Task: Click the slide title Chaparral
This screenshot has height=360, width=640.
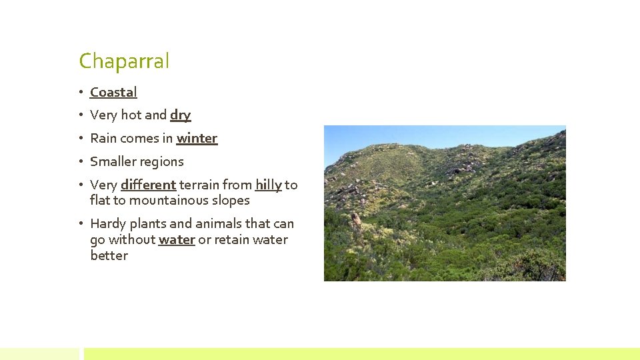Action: click(124, 61)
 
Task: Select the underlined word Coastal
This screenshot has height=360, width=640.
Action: click(113, 93)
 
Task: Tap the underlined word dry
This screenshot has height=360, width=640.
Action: click(180, 115)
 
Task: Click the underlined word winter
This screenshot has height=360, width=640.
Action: click(197, 139)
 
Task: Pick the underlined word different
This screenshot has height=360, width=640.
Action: click(148, 185)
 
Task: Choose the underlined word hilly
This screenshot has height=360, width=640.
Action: click(268, 185)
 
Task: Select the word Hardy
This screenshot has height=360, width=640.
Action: click(107, 224)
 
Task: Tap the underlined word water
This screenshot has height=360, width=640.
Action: click(177, 240)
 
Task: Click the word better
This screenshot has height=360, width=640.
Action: click(109, 256)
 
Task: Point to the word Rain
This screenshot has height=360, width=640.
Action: click(103, 139)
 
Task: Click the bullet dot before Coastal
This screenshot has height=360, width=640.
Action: click(79, 93)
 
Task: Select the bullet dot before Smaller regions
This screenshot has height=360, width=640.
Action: click(79, 162)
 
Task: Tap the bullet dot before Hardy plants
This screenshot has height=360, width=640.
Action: click(79, 224)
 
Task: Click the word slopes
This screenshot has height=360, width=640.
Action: click(231, 201)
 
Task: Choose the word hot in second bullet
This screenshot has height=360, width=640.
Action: click(131, 115)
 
